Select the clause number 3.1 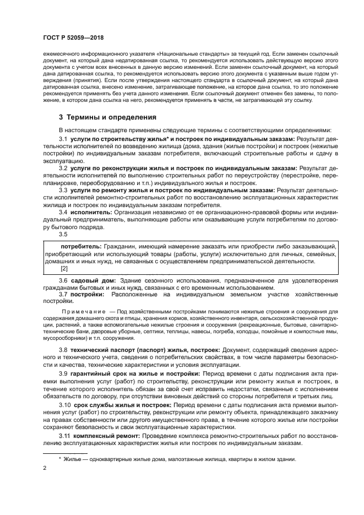[63, 140]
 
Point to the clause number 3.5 [63, 233]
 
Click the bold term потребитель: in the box [80, 246]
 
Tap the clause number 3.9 [63, 373]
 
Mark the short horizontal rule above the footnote [65, 453]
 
